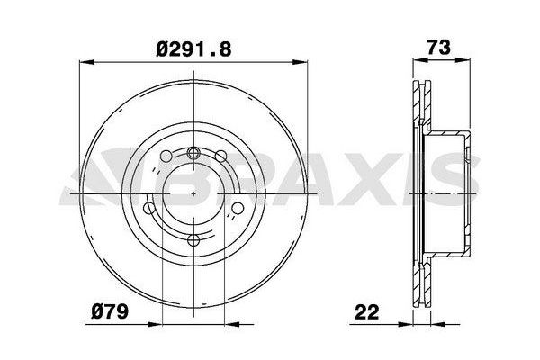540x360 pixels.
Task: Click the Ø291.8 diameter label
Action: (x=193, y=49)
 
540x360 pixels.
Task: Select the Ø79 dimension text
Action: (x=110, y=311)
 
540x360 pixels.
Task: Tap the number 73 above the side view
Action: (x=438, y=47)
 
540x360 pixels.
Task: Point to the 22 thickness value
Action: (x=367, y=312)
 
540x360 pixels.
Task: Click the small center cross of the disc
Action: (x=193, y=194)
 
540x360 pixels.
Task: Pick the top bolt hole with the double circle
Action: (x=193, y=152)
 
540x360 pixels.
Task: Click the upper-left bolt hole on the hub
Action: (x=166, y=156)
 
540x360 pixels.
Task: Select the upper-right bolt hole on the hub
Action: (x=220, y=156)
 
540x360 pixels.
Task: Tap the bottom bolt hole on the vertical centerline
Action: (x=193, y=240)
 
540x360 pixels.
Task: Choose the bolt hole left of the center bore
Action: (x=149, y=208)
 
